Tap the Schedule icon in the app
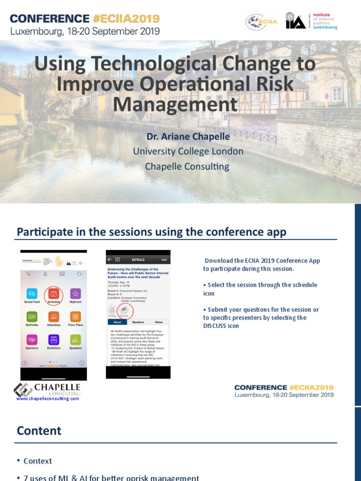[54, 294]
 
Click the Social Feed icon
[32, 294]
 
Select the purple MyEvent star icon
[75, 294]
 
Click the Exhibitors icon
[54, 340]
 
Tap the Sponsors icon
[32, 340]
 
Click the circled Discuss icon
[125, 310]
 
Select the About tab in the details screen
[118, 322]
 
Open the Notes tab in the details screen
[159, 322]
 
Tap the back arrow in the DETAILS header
[110, 259]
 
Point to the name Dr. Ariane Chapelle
[188, 137]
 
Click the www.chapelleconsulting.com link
[47, 398]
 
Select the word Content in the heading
[39, 431]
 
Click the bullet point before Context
[18, 461]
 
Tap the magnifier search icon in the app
[28, 273]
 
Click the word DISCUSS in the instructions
[214, 326]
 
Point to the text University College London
[188, 151]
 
